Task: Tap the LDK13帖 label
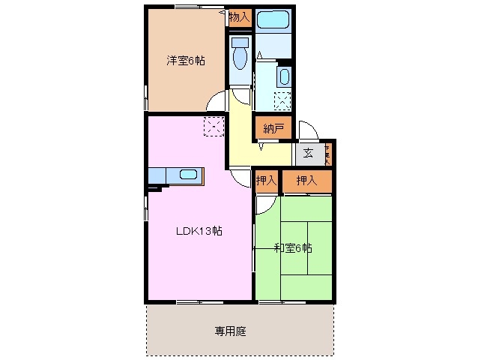[199, 231]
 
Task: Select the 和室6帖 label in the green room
[293, 247]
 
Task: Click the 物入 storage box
[240, 16]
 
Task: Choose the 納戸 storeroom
[273, 129]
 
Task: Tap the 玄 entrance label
[309, 154]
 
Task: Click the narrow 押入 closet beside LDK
[266, 181]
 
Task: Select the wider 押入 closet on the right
[306, 181]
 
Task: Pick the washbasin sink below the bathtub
[285, 76]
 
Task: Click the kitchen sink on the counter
[189, 175]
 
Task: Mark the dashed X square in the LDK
[214, 127]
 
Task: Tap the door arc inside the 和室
[264, 204]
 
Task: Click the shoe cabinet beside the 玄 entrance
[329, 154]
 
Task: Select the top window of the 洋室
[186, 7]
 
